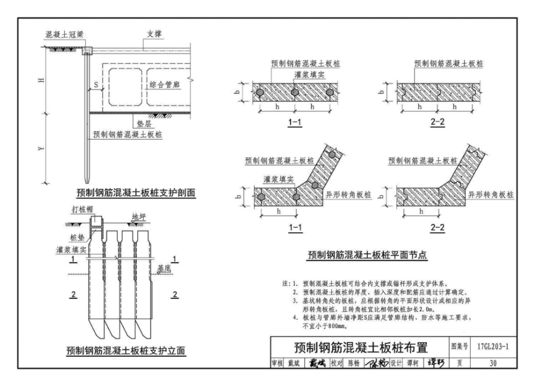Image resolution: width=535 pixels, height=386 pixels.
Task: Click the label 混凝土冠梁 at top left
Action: tap(64, 34)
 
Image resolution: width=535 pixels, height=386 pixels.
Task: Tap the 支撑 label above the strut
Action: tap(154, 34)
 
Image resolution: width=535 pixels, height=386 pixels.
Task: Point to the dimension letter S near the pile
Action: tap(96, 86)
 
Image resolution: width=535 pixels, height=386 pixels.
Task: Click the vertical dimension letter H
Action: tap(41, 81)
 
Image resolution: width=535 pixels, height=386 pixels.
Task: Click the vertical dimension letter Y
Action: tap(41, 149)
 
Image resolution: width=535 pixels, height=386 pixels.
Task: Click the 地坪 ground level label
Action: tap(139, 216)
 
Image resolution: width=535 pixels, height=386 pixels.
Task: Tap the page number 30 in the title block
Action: tap(493, 363)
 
